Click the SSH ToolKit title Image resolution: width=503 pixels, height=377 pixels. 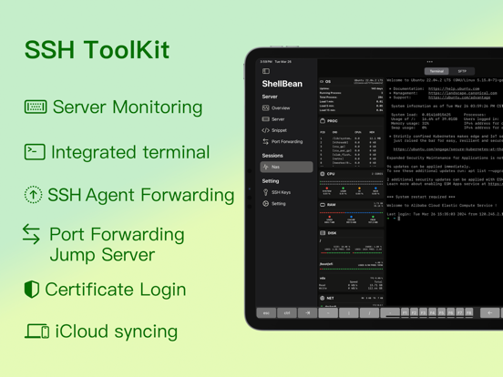coord(97,49)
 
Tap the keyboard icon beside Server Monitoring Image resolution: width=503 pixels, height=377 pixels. coord(35,107)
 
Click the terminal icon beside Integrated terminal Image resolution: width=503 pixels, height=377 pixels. coord(35,151)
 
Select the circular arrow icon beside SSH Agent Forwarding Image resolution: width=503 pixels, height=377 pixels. coord(33,194)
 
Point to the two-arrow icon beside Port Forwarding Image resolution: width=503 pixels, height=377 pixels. coord(32,235)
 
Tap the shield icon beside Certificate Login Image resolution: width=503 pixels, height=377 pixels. coord(32,290)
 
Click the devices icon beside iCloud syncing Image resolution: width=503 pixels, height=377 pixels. coord(36,331)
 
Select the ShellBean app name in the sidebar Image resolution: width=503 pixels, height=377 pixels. coord(282,84)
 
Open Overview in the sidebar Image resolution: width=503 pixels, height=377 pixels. coord(281,108)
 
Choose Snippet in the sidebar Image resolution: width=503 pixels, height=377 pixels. coord(279,130)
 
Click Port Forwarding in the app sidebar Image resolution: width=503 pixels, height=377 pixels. coord(287,142)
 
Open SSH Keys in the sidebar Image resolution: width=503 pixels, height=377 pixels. coord(281,192)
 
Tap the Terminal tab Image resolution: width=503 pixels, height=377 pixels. coord(436,71)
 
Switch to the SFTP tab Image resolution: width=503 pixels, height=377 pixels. coord(462,71)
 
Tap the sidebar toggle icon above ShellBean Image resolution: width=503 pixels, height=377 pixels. coord(266,71)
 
